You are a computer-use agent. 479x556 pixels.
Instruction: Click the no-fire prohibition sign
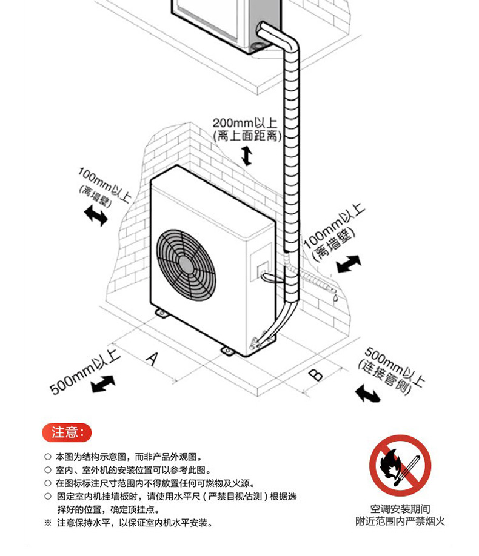tap(400, 465)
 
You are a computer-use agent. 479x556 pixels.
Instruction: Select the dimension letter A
tap(152, 358)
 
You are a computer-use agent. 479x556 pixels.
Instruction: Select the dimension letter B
tap(315, 374)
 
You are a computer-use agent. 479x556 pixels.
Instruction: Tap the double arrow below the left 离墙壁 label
tap(96, 215)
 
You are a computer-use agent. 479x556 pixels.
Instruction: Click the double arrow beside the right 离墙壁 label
tap(348, 264)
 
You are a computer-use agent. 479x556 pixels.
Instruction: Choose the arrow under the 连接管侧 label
tap(368, 394)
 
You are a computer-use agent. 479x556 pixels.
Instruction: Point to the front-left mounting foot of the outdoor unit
tap(162, 313)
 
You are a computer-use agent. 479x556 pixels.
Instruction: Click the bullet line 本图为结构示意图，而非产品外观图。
tap(127, 457)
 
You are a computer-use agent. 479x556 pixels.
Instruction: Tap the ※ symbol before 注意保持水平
tap(48, 522)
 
